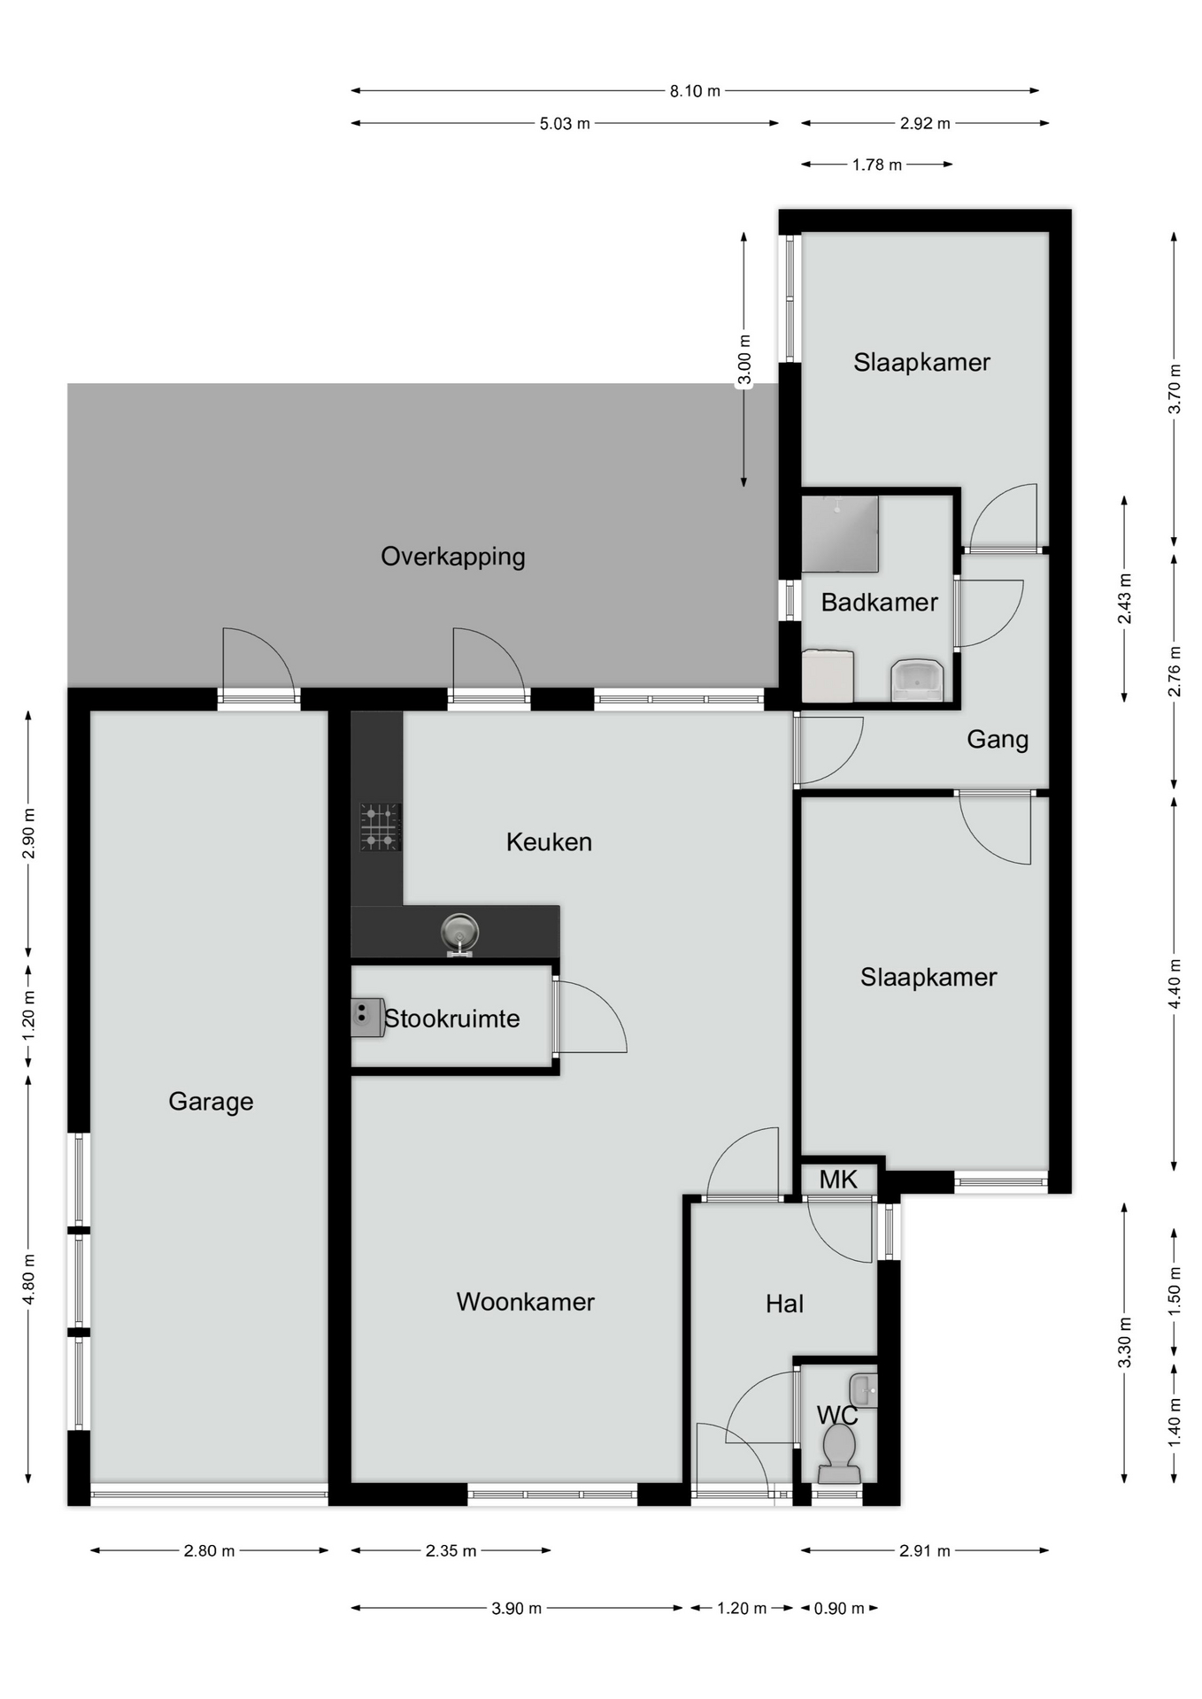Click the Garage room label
point(211,1102)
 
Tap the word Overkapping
point(453,557)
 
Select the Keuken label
point(549,842)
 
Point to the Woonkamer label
point(525,1302)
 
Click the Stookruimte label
point(451,1019)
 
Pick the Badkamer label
point(879,603)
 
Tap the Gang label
point(998,740)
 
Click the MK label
point(838,1180)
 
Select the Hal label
point(784,1303)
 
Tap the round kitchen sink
point(459,934)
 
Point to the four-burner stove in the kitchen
point(381,826)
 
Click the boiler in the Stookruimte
point(367,1018)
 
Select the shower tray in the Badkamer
point(840,534)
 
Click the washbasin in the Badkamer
point(917,680)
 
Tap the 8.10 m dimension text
point(695,90)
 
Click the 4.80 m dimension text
point(29,1279)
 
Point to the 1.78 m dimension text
point(877,165)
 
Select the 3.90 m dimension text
point(517,1609)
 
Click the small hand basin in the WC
point(864,1390)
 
